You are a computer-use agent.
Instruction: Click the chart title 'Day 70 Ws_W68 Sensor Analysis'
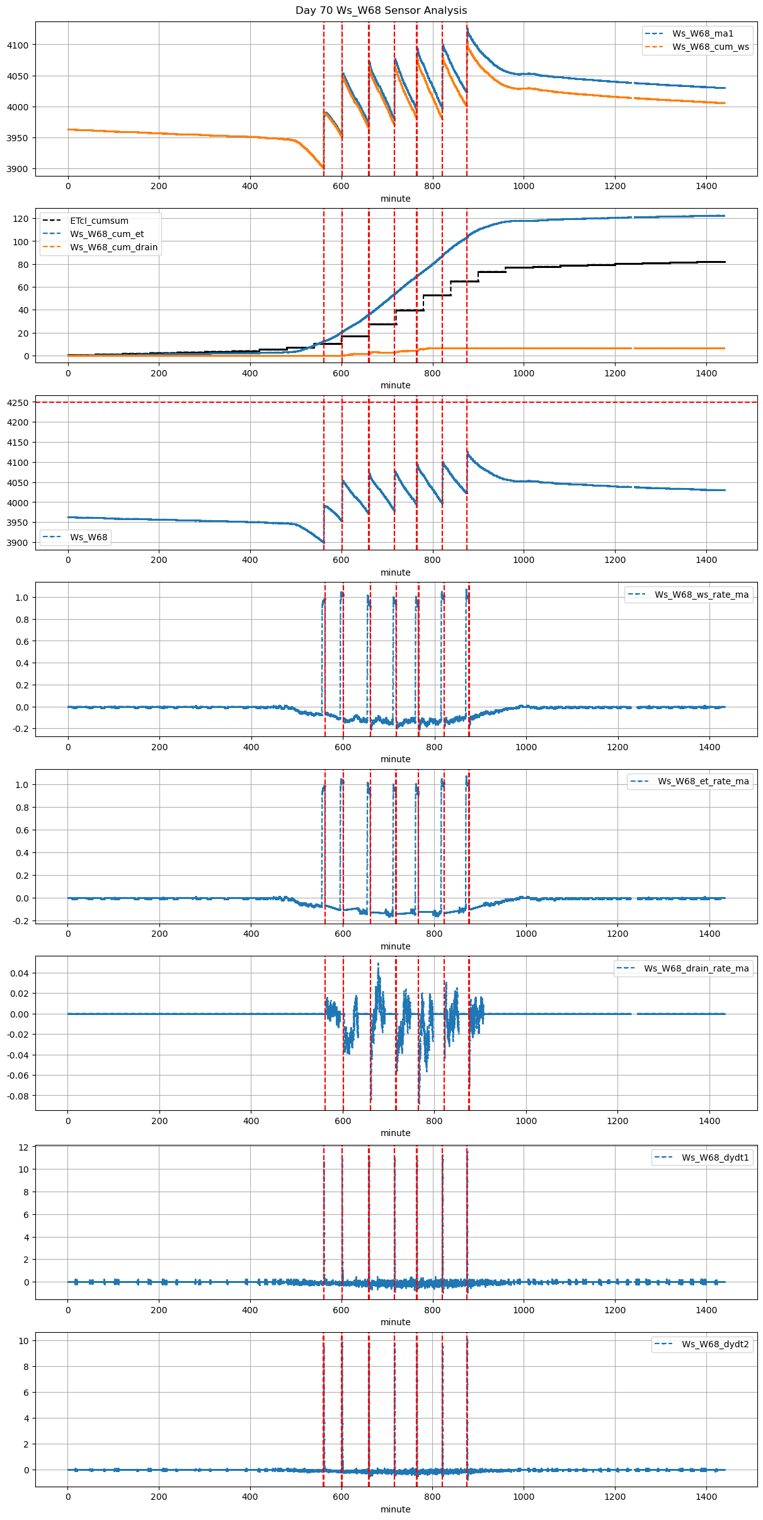381,11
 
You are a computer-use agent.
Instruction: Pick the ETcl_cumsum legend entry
99,221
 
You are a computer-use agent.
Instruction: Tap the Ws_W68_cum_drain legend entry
113,247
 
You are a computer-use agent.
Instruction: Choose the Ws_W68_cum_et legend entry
106,234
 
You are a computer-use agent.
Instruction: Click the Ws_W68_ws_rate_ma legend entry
701,595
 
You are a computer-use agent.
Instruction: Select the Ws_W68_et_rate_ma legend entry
703,781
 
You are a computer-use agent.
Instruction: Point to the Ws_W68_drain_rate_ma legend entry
696,968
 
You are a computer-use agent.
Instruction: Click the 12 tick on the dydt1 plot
23,1147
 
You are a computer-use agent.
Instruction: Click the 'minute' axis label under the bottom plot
395,1509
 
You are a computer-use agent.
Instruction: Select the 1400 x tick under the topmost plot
706,186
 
